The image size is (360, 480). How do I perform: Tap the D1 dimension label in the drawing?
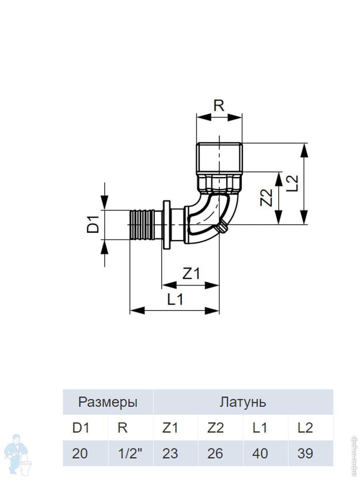(94, 224)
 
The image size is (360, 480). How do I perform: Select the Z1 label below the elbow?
(191, 274)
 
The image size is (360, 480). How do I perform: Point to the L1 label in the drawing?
(175, 299)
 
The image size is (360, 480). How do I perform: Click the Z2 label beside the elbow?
(267, 197)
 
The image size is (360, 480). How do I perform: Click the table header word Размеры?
(108, 402)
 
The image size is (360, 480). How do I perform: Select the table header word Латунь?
(242, 402)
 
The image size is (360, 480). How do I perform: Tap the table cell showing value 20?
(80, 453)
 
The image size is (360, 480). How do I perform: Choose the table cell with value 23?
(170, 453)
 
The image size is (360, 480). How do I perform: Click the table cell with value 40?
(260, 453)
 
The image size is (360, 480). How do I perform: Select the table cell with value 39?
(305, 453)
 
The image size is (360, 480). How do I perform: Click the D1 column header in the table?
(80, 428)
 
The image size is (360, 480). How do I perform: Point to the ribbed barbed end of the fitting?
(142, 224)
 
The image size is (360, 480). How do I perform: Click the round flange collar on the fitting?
(166, 224)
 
